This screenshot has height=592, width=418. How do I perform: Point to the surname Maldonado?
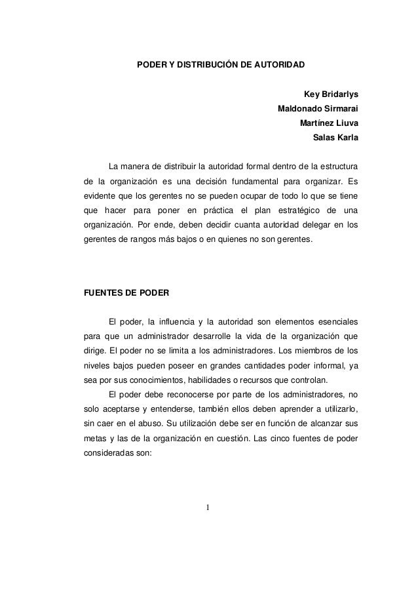point(302,108)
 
